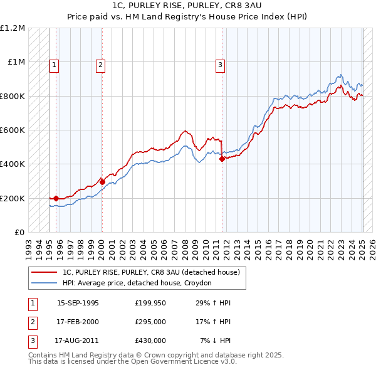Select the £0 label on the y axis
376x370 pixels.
(19, 233)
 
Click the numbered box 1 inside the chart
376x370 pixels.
(55, 63)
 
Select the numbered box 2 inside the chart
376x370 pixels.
(101, 63)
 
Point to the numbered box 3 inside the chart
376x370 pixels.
(221, 63)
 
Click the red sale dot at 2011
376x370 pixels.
(222, 159)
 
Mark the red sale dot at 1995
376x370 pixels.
(56, 198)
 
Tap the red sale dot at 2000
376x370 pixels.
(102, 182)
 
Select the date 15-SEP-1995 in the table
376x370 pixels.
(78, 303)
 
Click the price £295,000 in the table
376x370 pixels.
(150, 322)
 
